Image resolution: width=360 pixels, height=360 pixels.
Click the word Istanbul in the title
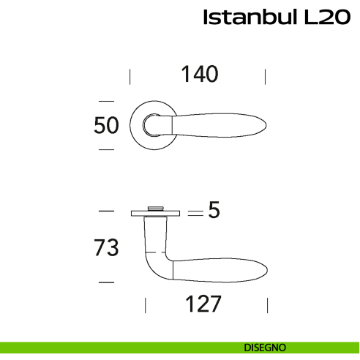pos(249,18)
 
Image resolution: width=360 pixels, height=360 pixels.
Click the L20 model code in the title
pos(321,18)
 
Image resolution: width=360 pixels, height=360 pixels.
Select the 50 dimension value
pos(107,126)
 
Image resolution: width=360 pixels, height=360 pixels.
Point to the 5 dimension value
pos(214,211)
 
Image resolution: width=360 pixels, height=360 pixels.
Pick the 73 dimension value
pos(107,248)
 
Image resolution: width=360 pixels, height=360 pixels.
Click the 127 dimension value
pos(200,304)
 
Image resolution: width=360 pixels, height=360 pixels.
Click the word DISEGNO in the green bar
pos(266,348)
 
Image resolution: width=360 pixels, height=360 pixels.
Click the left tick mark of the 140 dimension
pos(130,76)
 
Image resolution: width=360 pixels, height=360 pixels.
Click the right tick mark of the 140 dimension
pos(265,76)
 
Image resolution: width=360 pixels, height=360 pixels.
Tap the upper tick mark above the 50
pos(107,100)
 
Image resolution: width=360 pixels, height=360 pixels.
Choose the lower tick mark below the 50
pos(107,149)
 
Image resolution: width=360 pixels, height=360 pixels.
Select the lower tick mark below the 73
pos(107,281)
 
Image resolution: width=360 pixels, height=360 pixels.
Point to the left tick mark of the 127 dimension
pos(146,305)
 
